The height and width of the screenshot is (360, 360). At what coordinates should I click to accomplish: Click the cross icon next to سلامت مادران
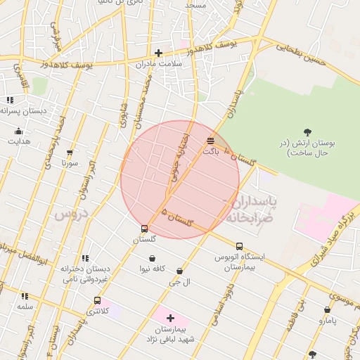pyautogui.click(x=159, y=53)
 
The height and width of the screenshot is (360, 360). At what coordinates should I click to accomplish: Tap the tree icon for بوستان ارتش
pyautogui.click(x=307, y=131)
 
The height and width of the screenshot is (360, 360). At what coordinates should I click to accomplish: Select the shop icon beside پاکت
pyautogui.click(x=210, y=141)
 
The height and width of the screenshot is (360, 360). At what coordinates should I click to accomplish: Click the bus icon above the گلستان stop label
pyautogui.click(x=144, y=229)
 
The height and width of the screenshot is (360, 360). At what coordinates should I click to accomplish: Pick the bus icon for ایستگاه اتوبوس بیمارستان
pyautogui.click(x=240, y=246)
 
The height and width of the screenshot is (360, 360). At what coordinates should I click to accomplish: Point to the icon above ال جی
pyautogui.click(x=179, y=271)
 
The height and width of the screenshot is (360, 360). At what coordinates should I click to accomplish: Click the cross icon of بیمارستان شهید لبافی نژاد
pyautogui.click(x=170, y=318)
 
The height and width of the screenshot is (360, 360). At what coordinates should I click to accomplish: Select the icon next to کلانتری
pyautogui.click(x=97, y=300)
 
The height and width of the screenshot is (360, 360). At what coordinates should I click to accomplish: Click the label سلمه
pyautogui.click(x=25, y=307)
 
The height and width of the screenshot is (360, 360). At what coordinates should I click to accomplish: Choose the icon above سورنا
pyautogui.click(x=70, y=153)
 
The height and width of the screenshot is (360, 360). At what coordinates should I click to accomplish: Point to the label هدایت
pyautogui.click(x=19, y=141)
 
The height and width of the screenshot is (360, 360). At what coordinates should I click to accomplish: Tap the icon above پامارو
pyautogui.click(x=327, y=310)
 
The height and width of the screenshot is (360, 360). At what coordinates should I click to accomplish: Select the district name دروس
pyautogui.click(x=70, y=212)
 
